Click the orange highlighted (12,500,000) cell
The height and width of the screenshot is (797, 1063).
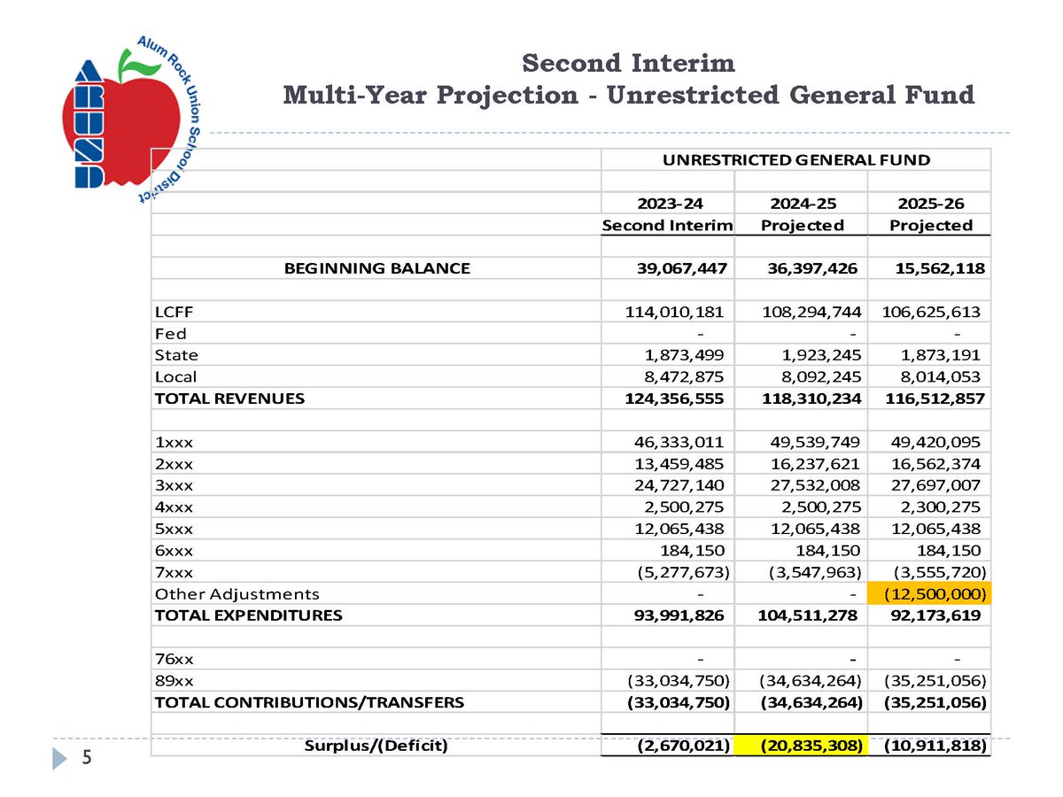[x=930, y=594]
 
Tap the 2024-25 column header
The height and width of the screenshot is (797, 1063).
[x=802, y=203]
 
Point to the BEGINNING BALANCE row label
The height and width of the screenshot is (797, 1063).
[x=376, y=268]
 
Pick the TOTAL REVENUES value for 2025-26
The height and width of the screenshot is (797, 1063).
[x=929, y=398]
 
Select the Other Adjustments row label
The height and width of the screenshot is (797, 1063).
[x=237, y=594]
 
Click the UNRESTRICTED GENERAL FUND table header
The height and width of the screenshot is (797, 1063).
[x=795, y=160]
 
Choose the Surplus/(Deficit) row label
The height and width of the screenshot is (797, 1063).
[x=376, y=747]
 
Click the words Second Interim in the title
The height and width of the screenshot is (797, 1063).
[x=628, y=64]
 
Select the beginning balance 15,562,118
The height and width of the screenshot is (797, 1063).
[x=929, y=268]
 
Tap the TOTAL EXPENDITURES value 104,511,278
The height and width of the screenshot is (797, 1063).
[x=803, y=615]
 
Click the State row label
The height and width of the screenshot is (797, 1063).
[x=176, y=355]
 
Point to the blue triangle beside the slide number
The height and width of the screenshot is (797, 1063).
[x=60, y=759]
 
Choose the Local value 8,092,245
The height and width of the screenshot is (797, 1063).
[x=803, y=377]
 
